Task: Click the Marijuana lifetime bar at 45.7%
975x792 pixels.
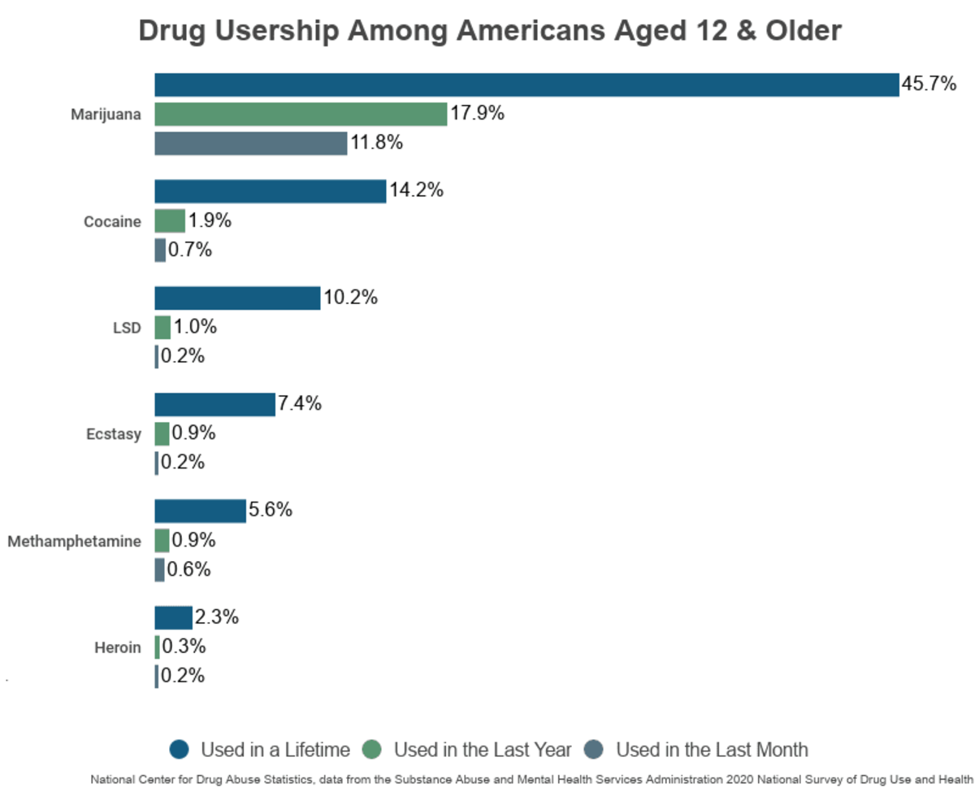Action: (x=526, y=85)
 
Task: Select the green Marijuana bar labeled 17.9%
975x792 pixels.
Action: (x=301, y=114)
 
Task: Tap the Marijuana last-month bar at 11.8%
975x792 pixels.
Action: (x=250, y=143)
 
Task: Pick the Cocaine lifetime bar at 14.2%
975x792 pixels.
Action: (x=270, y=191)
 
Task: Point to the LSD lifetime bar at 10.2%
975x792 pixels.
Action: (x=237, y=298)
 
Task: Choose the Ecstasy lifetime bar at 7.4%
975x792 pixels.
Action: (x=214, y=404)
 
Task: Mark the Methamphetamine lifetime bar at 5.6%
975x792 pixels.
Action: (x=200, y=511)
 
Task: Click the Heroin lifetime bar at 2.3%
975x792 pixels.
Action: (x=173, y=618)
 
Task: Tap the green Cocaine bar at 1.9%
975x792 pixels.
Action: (x=170, y=220)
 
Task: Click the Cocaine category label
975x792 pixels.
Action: (x=112, y=221)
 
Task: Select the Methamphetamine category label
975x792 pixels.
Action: (x=74, y=541)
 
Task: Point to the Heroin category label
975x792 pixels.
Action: (x=118, y=648)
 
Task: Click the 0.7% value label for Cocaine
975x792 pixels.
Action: (x=190, y=250)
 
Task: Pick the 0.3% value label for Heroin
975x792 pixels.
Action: (x=184, y=647)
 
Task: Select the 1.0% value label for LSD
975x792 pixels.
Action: (x=195, y=328)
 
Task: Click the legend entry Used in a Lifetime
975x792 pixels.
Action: (x=275, y=750)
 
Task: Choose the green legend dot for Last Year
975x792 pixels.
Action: (x=373, y=750)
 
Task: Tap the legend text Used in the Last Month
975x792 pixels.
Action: (x=712, y=750)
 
